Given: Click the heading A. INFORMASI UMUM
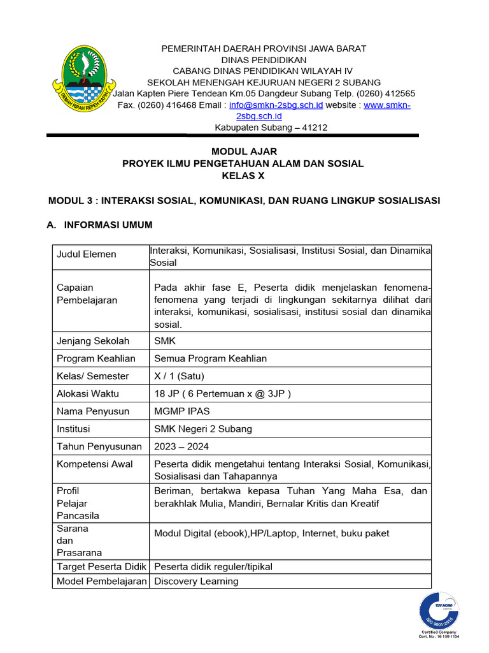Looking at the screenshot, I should click(100, 225).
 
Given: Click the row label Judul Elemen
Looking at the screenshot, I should click(87, 254).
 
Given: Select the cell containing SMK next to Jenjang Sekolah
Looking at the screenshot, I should click(165, 341).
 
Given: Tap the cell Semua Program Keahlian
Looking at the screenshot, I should click(210, 358).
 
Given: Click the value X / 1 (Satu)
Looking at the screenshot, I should click(179, 376).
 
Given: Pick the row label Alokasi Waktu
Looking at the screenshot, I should click(88, 393).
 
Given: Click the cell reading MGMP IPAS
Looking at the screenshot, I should click(181, 411).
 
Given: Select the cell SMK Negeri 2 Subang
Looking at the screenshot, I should click(203, 429).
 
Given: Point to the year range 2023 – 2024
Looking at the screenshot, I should click(181, 446).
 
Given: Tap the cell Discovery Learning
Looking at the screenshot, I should click(196, 581).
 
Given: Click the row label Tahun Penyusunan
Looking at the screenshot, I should click(99, 446).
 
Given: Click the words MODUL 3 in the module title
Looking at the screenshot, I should click(71, 200).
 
